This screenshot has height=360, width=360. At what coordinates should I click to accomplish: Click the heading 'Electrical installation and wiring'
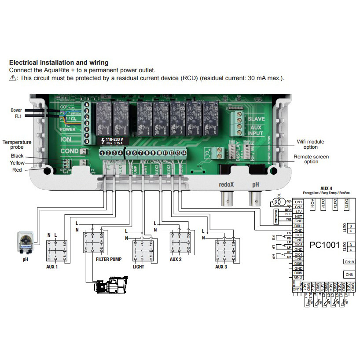(59, 63)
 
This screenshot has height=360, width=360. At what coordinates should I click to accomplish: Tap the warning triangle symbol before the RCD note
(12, 78)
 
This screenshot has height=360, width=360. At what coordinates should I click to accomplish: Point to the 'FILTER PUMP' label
(109, 260)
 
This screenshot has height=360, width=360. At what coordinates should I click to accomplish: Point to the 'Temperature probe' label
(17, 145)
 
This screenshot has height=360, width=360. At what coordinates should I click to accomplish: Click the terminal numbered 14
(184, 153)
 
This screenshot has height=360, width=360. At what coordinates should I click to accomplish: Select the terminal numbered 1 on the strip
(102, 153)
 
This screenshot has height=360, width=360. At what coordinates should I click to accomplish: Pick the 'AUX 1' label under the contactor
(52, 267)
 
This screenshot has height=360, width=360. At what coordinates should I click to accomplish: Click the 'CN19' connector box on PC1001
(349, 261)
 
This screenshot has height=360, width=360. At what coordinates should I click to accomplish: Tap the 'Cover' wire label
(16, 110)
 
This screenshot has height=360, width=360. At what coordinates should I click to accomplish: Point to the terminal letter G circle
(87, 141)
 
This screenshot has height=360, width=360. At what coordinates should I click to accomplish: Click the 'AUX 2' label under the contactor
(176, 260)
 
